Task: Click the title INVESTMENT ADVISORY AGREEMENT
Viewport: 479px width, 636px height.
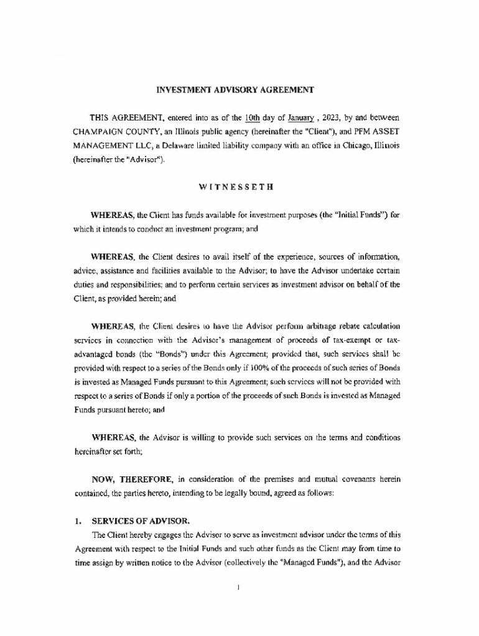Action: click(235, 89)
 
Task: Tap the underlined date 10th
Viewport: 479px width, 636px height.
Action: click(251, 117)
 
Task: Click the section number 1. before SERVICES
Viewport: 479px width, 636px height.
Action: click(78, 520)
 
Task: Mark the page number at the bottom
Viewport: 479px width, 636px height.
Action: click(239, 587)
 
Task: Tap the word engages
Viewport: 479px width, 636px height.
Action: click(162, 535)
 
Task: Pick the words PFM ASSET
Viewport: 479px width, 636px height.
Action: click(371, 132)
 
